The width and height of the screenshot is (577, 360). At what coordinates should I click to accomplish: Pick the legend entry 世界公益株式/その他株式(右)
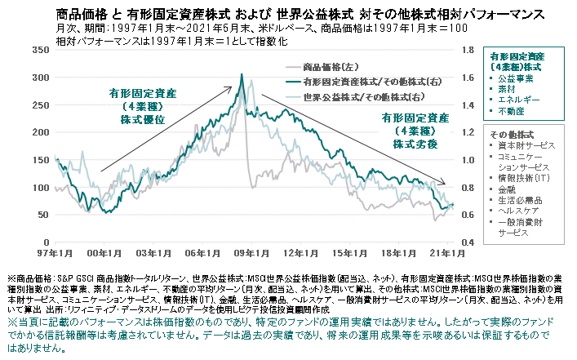pos(356,96)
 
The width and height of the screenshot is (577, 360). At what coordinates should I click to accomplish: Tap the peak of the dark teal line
pos(242,75)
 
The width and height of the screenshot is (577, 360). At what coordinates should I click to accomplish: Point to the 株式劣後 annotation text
pos(415,144)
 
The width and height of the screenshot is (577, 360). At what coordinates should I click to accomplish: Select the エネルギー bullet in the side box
pos(522,99)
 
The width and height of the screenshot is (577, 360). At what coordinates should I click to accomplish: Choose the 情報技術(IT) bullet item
pos(526,177)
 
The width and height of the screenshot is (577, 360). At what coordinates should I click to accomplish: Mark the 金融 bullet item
pos(513,189)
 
